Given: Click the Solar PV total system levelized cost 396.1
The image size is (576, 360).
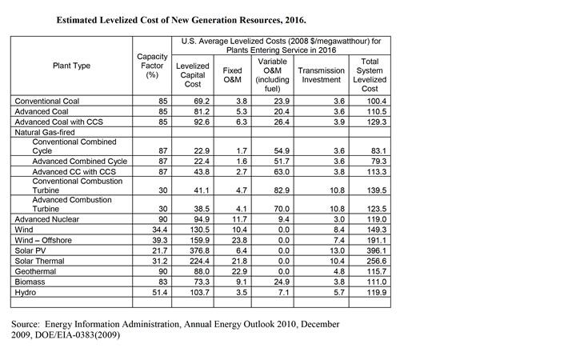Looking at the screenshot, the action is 377,251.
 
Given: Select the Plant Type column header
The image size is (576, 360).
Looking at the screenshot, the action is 72,66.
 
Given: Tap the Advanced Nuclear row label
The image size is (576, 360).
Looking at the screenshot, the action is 47,219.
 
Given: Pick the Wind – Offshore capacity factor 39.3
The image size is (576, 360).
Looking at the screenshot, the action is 160,240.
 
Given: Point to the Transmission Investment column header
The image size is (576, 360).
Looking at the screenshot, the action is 321,75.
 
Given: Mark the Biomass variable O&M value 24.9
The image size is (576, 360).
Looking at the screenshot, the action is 282,282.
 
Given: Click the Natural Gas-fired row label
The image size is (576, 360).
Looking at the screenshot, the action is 45,132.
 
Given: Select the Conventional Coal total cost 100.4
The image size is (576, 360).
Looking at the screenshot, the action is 377,101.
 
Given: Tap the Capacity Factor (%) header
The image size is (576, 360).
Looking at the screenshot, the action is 152,66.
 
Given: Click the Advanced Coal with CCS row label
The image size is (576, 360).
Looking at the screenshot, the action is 58,122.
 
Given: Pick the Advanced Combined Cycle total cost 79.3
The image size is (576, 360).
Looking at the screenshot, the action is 378,162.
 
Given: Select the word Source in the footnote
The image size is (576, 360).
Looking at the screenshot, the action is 25,324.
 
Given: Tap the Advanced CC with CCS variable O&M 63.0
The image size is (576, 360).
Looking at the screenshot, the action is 282,172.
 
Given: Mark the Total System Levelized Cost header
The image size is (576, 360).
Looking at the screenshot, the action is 370,75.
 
